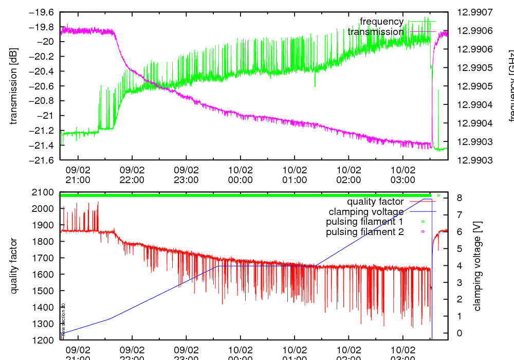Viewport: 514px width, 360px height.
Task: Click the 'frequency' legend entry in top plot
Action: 381,22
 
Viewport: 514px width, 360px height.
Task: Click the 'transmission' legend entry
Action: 376,32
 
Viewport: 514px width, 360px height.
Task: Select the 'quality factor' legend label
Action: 375,202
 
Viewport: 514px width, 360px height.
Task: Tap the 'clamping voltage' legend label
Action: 366,212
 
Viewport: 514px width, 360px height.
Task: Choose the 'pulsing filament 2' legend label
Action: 365,232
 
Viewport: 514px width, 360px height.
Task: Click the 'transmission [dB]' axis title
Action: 14,86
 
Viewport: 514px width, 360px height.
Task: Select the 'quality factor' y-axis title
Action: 14,266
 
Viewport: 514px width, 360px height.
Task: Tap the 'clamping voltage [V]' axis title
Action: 477,266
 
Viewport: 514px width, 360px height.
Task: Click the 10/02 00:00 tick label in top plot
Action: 240,175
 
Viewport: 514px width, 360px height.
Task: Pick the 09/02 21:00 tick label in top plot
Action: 78,175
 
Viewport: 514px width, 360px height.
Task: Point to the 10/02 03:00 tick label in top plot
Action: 402,175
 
